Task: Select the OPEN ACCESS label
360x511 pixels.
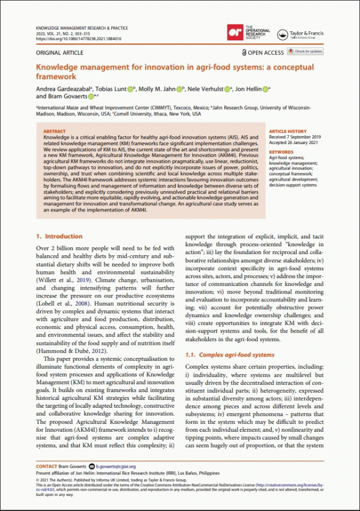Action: (262, 53)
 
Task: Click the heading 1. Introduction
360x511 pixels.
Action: (59, 237)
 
